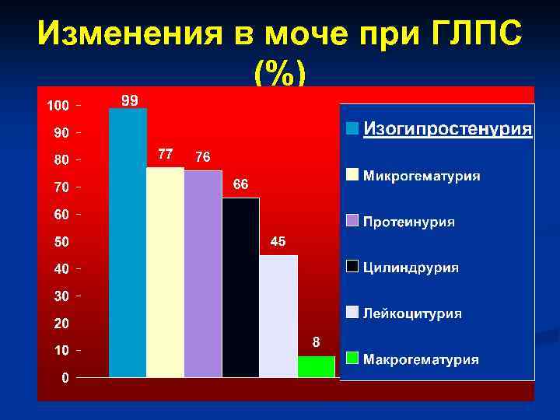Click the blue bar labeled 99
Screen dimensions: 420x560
pyautogui.click(x=128, y=243)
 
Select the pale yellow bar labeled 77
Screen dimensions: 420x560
pyautogui.click(x=165, y=272)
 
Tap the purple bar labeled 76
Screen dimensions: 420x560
pyautogui.click(x=203, y=274)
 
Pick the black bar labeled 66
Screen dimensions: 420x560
pyautogui.click(x=240, y=288)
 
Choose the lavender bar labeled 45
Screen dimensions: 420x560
pyautogui.click(x=278, y=316)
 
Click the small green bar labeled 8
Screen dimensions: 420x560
pyautogui.click(x=316, y=366)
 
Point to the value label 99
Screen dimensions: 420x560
pyautogui.click(x=129, y=100)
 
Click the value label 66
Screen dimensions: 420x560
pyautogui.click(x=240, y=184)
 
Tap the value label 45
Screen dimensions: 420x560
pyautogui.click(x=278, y=241)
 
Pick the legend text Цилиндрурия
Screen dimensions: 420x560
pyautogui.click(x=411, y=268)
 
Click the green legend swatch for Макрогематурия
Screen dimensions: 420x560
pyautogui.click(x=352, y=359)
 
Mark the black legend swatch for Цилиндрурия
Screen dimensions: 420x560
pyautogui.click(x=352, y=267)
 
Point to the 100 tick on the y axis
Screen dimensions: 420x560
pyautogui.click(x=58, y=105)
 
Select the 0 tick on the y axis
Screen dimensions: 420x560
pyautogui.click(x=65, y=378)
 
